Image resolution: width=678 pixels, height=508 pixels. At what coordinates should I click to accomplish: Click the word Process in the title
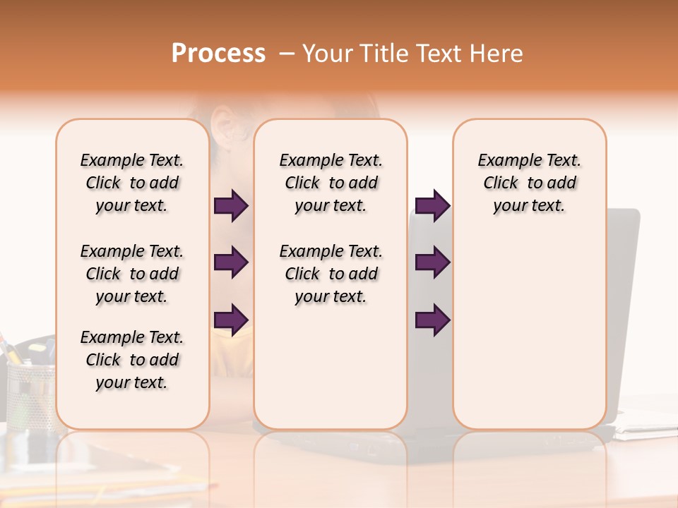pyautogui.click(x=218, y=54)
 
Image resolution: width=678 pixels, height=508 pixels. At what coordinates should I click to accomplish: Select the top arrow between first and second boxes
pyautogui.click(x=231, y=206)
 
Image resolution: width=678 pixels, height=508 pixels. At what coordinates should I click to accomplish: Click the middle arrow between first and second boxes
pyautogui.click(x=231, y=262)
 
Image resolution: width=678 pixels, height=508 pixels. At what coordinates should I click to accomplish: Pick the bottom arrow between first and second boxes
pyautogui.click(x=231, y=320)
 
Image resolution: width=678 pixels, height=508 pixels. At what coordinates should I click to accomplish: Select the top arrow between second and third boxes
pyautogui.click(x=432, y=206)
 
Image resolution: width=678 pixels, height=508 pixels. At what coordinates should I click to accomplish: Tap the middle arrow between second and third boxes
pyautogui.click(x=432, y=262)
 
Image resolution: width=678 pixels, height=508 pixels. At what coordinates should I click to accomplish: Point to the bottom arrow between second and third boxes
pyautogui.click(x=432, y=320)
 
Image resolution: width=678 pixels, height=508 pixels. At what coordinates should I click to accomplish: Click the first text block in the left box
pyautogui.click(x=132, y=183)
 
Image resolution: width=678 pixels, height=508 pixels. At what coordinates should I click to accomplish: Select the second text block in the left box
pyautogui.click(x=132, y=274)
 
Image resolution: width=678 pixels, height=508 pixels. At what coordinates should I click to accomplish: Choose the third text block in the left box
pyautogui.click(x=132, y=360)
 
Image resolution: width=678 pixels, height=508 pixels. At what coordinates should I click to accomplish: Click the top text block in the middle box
pyautogui.click(x=331, y=183)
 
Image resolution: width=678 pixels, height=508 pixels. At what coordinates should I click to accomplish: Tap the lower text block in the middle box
pyautogui.click(x=331, y=274)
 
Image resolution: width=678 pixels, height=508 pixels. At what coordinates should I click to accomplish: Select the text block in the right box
pyautogui.click(x=529, y=183)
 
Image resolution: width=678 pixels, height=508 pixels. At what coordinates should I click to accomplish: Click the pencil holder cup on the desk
pyautogui.click(x=30, y=395)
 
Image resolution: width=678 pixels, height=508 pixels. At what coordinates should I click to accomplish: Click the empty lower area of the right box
pyautogui.click(x=529, y=332)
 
